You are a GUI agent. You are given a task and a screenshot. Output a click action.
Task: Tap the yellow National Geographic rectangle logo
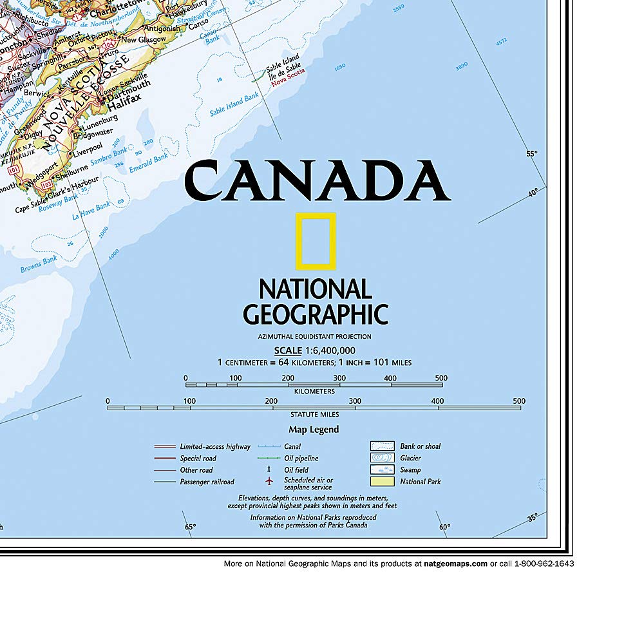[x=316, y=240]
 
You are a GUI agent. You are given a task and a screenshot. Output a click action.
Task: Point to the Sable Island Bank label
[x=234, y=105]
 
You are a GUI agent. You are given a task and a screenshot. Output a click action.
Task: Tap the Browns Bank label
[x=39, y=264]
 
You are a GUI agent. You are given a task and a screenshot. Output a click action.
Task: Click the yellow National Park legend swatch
[x=382, y=481]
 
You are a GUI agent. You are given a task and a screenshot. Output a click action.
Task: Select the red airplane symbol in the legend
[x=269, y=481]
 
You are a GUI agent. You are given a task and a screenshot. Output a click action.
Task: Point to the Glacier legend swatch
[x=382, y=458]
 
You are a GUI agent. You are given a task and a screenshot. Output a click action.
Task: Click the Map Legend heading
[x=314, y=430]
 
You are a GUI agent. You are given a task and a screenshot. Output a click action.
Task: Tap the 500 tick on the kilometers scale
[x=441, y=378]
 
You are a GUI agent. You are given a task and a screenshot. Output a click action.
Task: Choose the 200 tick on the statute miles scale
[x=272, y=401]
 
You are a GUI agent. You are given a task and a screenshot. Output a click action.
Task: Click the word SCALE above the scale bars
[x=288, y=350]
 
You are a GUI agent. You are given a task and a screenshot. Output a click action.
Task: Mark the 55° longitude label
[x=531, y=153]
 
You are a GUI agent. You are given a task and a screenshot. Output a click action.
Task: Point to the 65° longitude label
[x=189, y=527]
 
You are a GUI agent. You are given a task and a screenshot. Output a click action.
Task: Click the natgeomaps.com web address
[x=455, y=563]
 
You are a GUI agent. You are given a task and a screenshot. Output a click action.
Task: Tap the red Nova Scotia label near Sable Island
[x=287, y=82]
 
